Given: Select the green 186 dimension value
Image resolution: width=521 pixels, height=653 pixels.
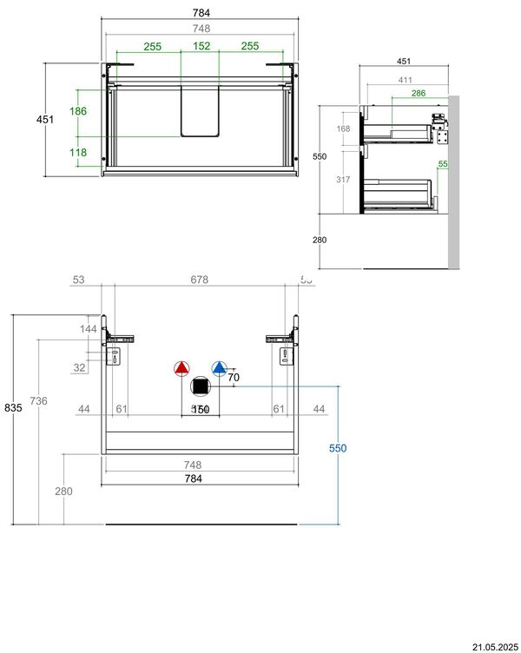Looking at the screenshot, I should tap(78, 112).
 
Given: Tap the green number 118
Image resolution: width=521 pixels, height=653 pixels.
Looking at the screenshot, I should tap(78, 152).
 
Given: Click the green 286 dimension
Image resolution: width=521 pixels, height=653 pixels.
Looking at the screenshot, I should tap(418, 93).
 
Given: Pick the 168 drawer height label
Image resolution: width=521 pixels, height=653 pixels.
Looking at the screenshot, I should tap(344, 129).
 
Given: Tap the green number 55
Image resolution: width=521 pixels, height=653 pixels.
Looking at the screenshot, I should tap(443, 163).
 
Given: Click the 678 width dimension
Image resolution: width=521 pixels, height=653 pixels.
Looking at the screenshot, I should tap(200, 280).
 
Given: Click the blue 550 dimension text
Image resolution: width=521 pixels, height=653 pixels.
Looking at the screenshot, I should tap(337, 448).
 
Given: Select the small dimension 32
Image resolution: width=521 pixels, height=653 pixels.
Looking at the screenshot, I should tap(79, 367).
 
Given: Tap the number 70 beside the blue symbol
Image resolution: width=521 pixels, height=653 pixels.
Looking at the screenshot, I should tap(234, 378).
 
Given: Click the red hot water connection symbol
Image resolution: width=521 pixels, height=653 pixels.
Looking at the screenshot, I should tap(181, 368).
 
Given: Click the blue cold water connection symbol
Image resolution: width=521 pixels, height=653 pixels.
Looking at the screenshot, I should tap(219, 368).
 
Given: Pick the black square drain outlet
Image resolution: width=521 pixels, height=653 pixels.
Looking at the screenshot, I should tap(201, 386).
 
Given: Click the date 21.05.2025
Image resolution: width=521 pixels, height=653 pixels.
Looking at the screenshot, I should tap(495, 646).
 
